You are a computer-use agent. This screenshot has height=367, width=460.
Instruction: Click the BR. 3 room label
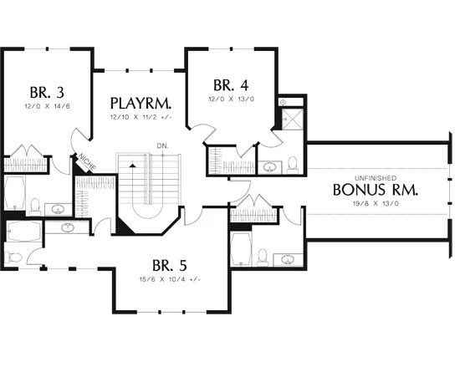point(47,93)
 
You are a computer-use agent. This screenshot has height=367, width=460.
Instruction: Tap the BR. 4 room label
point(231,85)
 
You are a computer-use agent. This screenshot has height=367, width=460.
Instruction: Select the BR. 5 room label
point(170,266)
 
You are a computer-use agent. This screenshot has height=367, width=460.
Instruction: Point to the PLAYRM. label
point(141,103)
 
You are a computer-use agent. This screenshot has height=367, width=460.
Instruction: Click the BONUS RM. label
point(376,190)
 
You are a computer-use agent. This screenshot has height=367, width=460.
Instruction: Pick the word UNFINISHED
point(376,178)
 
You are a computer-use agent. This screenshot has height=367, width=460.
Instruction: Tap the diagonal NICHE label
point(88,163)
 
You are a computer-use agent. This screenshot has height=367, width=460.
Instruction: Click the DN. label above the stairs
point(163,145)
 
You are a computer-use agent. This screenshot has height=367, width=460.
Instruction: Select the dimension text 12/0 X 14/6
point(47,106)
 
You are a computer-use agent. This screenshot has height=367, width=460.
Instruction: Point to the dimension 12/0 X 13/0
point(232,99)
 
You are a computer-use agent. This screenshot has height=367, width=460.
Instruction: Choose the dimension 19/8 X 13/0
point(376,203)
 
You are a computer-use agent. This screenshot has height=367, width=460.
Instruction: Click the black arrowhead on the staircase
point(133,166)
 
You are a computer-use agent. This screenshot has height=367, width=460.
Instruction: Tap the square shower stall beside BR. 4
point(292,119)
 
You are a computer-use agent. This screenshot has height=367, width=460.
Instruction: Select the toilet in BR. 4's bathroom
point(292,164)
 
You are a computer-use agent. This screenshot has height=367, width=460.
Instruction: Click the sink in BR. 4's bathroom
point(269,167)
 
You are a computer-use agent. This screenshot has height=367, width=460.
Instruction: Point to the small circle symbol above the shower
point(283,102)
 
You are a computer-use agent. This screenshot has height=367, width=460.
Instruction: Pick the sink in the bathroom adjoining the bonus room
point(288,259)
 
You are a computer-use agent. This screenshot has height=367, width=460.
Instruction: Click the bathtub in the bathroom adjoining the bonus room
point(241,248)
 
